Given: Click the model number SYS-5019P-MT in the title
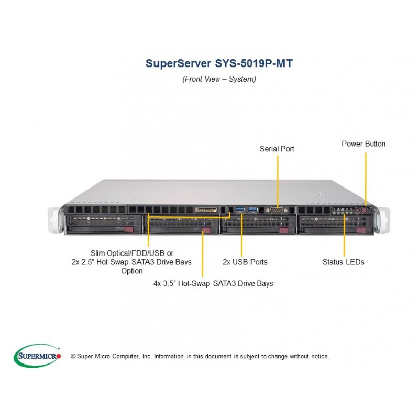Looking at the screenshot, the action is click(x=254, y=63).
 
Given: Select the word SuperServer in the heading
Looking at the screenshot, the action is click(x=178, y=63).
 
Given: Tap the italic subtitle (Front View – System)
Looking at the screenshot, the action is click(x=219, y=79).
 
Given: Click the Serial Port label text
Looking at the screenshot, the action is click(x=277, y=149).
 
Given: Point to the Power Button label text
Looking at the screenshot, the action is click(x=363, y=144).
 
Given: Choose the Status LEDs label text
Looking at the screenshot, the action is click(x=344, y=262).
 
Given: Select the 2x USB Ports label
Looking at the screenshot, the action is click(x=245, y=262).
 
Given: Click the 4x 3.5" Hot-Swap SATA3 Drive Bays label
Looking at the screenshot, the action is click(x=213, y=283).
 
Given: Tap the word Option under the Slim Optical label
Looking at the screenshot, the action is click(x=132, y=271).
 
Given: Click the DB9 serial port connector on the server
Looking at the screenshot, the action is click(x=277, y=211).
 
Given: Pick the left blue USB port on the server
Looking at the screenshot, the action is click(x=240, y=210).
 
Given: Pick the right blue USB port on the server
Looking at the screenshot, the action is click(x=252, y=210).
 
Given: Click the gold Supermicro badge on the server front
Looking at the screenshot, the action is click(x=205, y=210).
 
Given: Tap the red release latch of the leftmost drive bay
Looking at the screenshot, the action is click(x=128, y=229).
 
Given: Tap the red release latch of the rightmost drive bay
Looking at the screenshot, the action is click(x=361, y=230).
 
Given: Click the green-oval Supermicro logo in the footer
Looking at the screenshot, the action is click(x=37, y=356).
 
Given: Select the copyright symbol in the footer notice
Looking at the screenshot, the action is click(x=73, y=356).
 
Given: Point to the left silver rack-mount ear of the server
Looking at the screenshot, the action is click(x=56, y=220).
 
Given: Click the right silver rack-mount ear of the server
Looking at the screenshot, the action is click(x=382, y=220).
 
